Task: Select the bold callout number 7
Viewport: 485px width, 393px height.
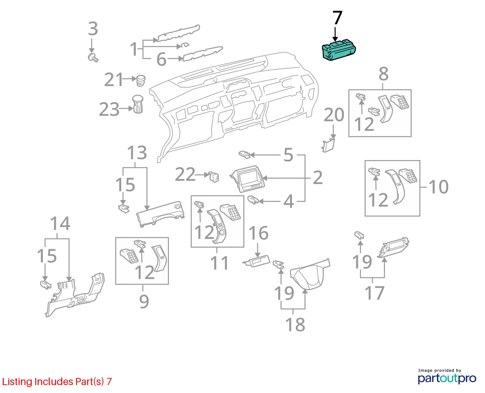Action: [x=337, y=17]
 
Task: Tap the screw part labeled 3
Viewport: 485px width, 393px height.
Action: [x=93, y=58]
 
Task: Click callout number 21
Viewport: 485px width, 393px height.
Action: [x=113, y=80]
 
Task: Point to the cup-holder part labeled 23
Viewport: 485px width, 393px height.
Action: [x=138, y=104]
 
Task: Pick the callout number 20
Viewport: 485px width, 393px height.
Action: [x=334, y=115]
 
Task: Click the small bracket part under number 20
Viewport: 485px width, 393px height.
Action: [x=328, y=145]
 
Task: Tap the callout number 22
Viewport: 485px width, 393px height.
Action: [x=185, y=174]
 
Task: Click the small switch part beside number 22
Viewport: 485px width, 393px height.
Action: [x=214, y=177]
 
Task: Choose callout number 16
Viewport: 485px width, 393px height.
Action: [x=258, y=233]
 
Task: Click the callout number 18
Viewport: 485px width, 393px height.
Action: [x=295, y=325]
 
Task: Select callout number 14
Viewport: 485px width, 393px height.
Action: [x=60, y=223]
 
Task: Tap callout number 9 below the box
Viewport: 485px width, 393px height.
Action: [x=144, y=301]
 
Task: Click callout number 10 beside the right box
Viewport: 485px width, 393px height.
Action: [x=439, y=187]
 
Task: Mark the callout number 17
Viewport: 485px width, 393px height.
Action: [x=374, y=293]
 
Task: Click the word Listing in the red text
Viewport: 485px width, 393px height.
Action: [x=17, y=382]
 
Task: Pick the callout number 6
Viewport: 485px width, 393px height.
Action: [x=161, y=59]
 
